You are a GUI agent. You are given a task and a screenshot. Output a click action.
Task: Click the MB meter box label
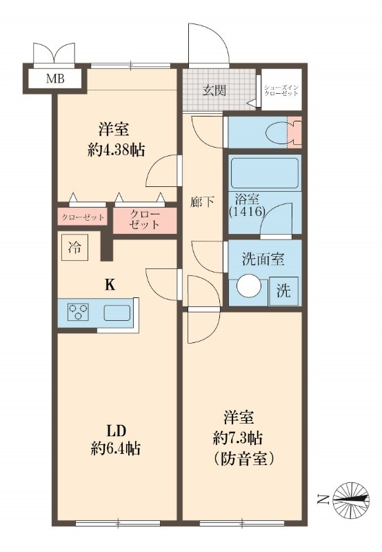(56, 79)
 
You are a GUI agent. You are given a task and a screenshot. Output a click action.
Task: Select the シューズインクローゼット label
(281, 90)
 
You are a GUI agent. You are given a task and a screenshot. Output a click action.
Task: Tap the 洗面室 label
(263, 260)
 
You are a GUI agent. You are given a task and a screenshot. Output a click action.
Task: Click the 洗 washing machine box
(283, 290)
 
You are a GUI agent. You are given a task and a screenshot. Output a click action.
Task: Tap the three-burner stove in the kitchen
(77, 313)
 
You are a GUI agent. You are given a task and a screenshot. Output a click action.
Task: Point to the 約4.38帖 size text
(117, 149)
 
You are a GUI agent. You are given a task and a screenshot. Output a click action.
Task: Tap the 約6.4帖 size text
(115, 448)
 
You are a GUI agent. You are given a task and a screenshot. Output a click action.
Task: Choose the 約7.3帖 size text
(241, 437)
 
